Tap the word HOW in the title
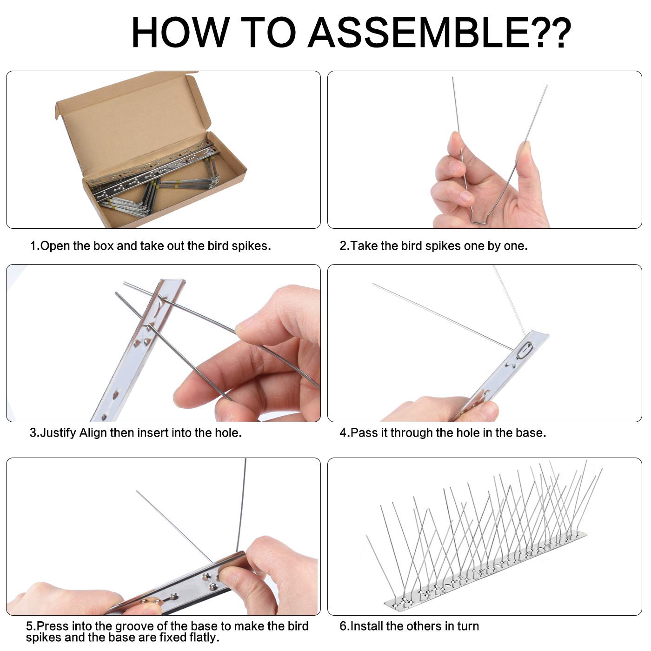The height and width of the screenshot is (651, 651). click(181, 33)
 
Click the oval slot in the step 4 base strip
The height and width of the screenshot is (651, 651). click(525, 350)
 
